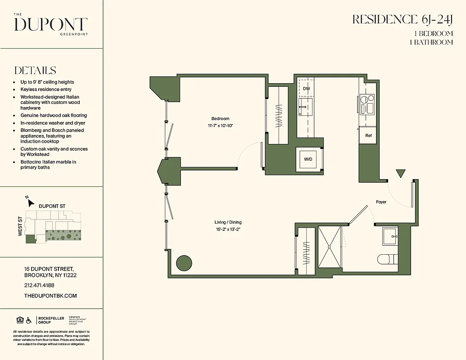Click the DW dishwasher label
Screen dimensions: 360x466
[307, 89]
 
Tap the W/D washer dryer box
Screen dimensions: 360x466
[308, 159]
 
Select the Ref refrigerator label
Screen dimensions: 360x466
[368, 135]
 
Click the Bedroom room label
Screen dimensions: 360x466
[220, 118]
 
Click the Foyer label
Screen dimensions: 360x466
[381, 202]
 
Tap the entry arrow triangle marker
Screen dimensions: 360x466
[400, 173]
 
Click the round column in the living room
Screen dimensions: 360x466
[184, 263]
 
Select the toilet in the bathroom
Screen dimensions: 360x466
[387, 259]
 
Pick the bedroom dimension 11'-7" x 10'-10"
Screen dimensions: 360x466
[220, 126]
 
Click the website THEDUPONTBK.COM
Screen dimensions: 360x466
[50, 296]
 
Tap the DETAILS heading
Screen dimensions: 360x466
[35, 71]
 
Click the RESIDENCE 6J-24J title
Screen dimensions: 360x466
[402, 19]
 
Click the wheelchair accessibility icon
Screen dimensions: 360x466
[29, 320]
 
